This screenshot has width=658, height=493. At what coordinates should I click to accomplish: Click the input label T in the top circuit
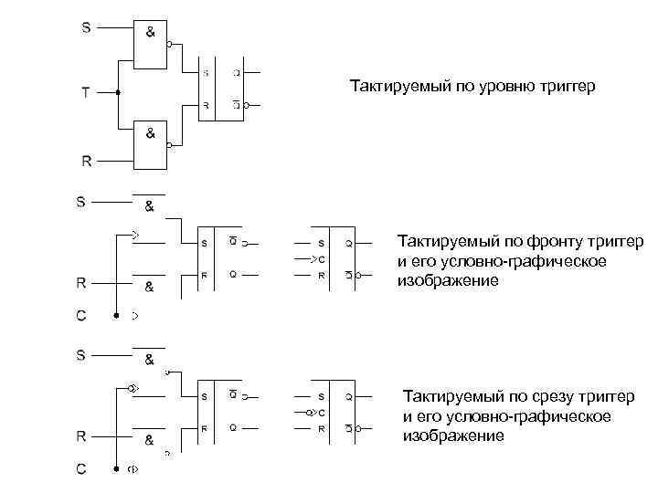point(86,93)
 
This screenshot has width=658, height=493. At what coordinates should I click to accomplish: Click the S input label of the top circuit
point(86,27)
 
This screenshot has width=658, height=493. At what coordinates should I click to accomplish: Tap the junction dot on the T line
point(118,93)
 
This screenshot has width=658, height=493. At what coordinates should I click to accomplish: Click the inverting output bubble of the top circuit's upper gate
point(170,44)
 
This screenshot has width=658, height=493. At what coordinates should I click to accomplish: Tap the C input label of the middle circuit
point(82,316)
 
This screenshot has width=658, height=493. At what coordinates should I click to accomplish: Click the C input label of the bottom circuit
point(82,469)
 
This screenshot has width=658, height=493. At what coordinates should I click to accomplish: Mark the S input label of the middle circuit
point(82,201)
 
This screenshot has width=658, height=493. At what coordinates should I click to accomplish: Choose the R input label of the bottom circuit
point(82,435)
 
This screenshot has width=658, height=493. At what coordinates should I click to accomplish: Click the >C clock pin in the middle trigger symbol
point(318,259)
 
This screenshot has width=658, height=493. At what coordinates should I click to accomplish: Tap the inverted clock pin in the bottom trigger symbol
point(316,414)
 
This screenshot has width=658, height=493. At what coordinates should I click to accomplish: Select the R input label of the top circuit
point(86,162)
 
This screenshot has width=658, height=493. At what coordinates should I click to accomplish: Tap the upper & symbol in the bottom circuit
point(149,359)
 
